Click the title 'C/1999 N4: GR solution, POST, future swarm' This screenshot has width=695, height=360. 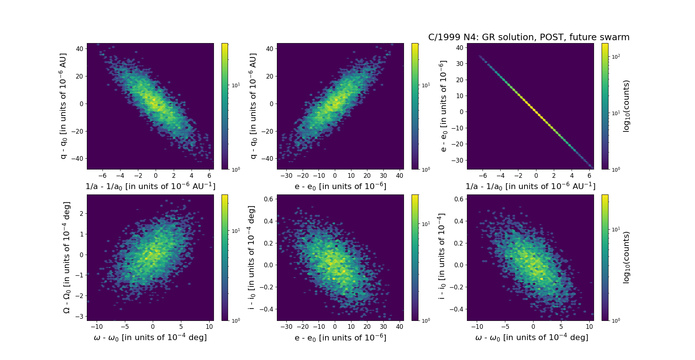click(x=528, y=37)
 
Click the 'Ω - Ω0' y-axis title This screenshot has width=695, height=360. click(x=67, y=258)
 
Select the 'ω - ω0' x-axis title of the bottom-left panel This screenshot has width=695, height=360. click(x=150, y=338)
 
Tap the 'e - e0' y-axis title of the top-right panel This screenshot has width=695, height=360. click(x=443, y=106)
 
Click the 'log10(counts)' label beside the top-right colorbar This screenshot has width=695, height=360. click(x=626, y=106)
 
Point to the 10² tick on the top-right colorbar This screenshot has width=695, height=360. click(x=615, y=56)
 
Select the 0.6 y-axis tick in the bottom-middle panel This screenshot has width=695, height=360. click(x=268, y=199)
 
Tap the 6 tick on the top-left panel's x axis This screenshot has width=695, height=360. click(x=210, y=176)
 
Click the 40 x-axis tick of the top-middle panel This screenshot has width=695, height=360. click(x=400, y=176)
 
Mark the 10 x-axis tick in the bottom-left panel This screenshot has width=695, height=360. click(x=209, y=327)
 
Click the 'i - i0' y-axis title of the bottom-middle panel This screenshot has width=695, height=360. click(x=251, y=258)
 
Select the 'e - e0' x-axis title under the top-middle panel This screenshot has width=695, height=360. click(x=340, y=186)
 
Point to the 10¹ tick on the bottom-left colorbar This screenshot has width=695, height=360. click(x=235, y=231)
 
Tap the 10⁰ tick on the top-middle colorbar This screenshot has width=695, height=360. click(x=426, y=169)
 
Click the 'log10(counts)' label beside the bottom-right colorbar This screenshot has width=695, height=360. click(x=626, y=258)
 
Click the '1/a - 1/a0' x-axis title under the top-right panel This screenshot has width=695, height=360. click(x=530, y=186)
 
